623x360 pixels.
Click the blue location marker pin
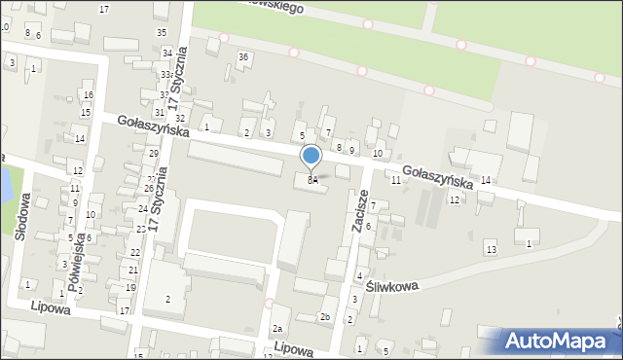[311, 157]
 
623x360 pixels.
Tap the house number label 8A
[312, 180]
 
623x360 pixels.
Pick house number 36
[243, 57]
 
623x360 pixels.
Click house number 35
[162, 32]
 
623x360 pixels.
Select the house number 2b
[325, 317]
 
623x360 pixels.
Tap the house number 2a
[277, 329]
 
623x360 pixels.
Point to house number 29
[154, 154]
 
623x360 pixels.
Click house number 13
[491, 250]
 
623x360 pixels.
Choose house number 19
[130, 288]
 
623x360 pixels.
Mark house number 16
[88, 94]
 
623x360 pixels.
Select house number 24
[143, 209]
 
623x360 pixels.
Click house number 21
[133, 270]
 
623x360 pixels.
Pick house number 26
[149, 189]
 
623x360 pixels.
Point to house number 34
[167, 53]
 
